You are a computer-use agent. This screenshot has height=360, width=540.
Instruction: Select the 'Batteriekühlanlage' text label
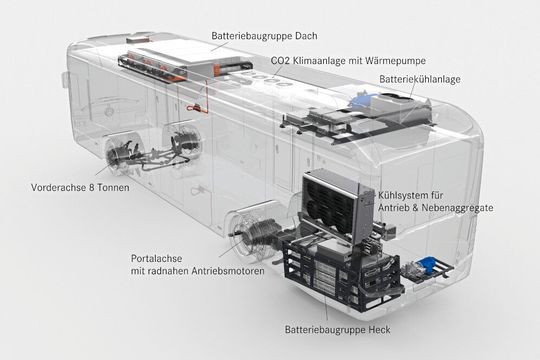(419, 78)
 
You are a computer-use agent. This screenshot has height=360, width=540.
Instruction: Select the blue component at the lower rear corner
(426, 266)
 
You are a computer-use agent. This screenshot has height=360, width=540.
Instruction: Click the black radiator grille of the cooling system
(329, 205)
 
